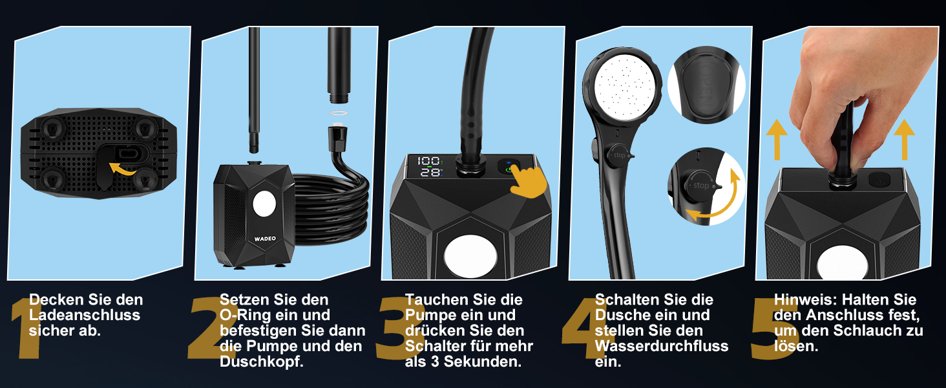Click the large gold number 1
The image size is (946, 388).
pos(26,328)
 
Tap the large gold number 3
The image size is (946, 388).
pos(395,328)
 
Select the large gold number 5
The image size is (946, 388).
pos(773,329)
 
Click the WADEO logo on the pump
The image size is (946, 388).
pos(265,239)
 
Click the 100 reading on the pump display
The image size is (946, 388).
pos(428,160)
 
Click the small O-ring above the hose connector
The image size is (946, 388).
pos(338,113)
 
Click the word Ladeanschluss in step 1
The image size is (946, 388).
pos(85,315)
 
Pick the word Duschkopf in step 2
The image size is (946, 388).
pos(262,361)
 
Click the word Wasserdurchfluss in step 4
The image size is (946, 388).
pos(662,346)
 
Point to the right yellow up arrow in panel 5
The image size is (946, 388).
pos(905,140)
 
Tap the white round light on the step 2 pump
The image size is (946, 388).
pos(264,204)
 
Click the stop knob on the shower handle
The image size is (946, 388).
pos(618,156)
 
